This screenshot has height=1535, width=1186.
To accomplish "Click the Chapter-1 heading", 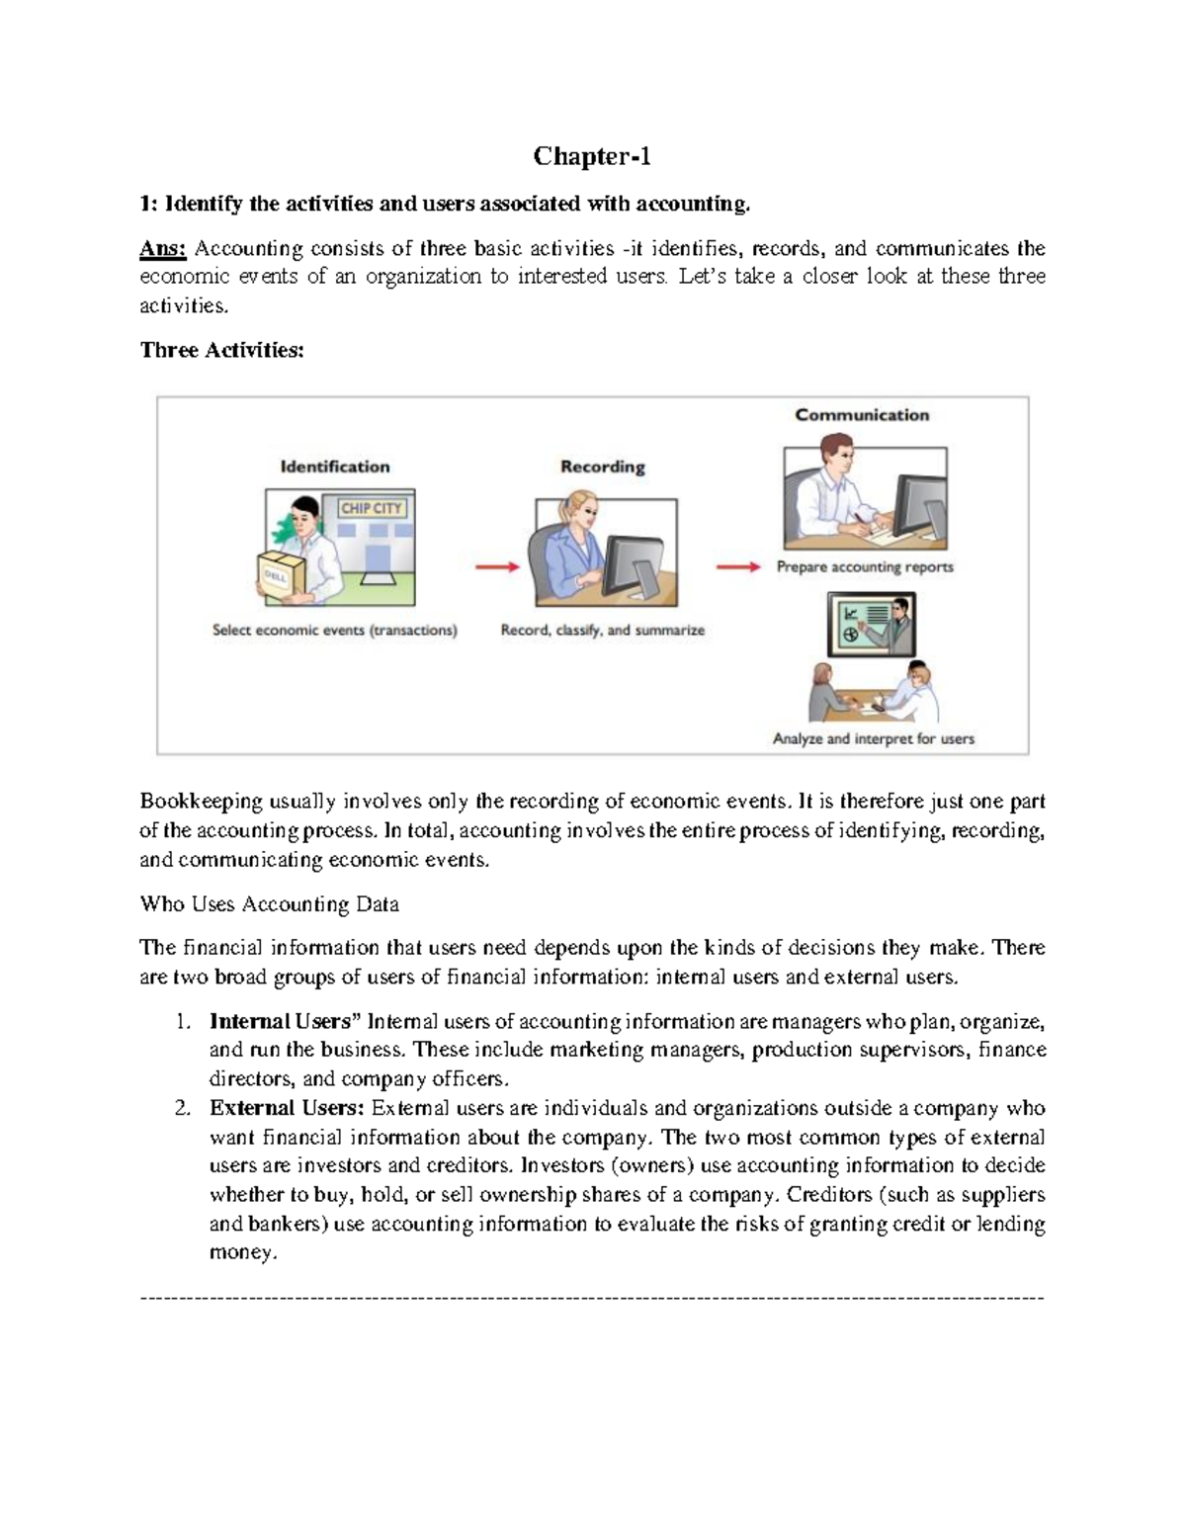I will [x=592, y=156].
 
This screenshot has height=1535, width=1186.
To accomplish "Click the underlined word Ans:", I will [x=163, y=248].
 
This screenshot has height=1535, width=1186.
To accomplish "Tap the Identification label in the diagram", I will [x=335, y=467].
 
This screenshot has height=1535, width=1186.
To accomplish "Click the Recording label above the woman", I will [x=602, y=467].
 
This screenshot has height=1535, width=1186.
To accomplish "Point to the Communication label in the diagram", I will [x=862, y=415].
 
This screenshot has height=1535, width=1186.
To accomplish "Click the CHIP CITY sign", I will [x=371, y=508].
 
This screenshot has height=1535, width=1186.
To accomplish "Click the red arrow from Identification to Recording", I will [x=497, y=567].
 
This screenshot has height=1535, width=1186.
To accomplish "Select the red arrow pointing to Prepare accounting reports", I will [x=737, y=567].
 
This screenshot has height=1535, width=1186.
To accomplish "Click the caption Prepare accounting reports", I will [x=865, y=567].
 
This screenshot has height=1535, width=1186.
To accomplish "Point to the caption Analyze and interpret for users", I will [x=873, y=738].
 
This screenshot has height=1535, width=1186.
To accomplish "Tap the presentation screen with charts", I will [x=871, y=625].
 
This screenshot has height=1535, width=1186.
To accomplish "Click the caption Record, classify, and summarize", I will [x=602, y=630].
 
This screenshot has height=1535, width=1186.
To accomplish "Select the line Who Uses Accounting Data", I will [x=270, y=903].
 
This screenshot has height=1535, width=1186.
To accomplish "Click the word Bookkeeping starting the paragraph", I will [x=202, y=801].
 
